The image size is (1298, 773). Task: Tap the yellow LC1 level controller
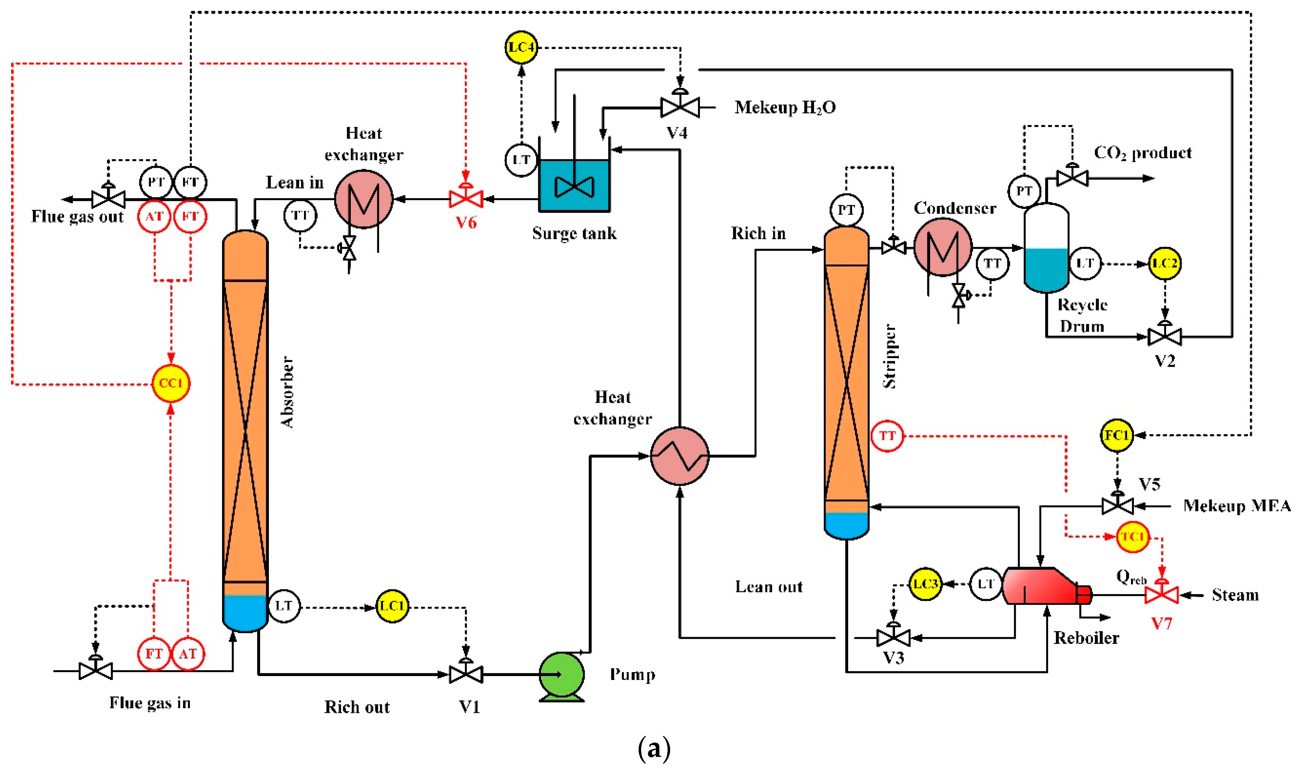[392, 606]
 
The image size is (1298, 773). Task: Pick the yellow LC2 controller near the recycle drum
[1164, 264]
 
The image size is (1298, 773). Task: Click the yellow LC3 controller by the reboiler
[925, 584]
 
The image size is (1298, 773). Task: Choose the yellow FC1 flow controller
[1116, 435]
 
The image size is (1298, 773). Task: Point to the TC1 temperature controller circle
[1132, 537]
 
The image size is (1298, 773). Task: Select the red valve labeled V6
[466, 199]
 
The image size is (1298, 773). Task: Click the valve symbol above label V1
[466, 674]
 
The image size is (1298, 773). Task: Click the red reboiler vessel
[1040, 587]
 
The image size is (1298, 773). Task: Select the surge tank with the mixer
[574, 185]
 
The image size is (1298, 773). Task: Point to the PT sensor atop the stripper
[846, 210]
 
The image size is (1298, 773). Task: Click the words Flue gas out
[77, 217]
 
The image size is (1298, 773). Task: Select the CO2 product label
[1142, 153]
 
